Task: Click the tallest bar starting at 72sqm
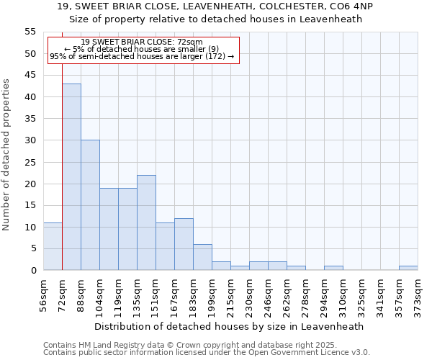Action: pyautogui.click(x=71, y=177)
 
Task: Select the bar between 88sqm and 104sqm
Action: pyautogui.click(x=90, y=205)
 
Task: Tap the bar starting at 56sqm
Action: pyautogui.click(x=53, y=246)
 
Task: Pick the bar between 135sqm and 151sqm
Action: pyautogui.click(x=146, y=222)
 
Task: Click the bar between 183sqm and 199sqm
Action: pyautogui.click(x=202, y=257)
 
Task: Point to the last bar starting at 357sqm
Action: pyautogui.click(x=408, y=268)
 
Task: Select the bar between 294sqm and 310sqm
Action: pyautogui.click(x=333, y=268)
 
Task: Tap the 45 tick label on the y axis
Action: pyautogui.click(x=30, y=75)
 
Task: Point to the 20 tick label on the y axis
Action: pyautogui.click(x=30, y=184)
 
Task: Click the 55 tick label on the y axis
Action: pyautogui.click(x=30, y=32)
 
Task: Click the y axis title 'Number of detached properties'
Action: pyautogui.click(x=7, y=154)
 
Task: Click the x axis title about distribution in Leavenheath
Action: pyautogui.click(x=230, y=326)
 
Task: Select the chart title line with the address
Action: pyautogui.click(x=215, y=6)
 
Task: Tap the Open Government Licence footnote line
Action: pyautogui.click(x=206, y=352)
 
